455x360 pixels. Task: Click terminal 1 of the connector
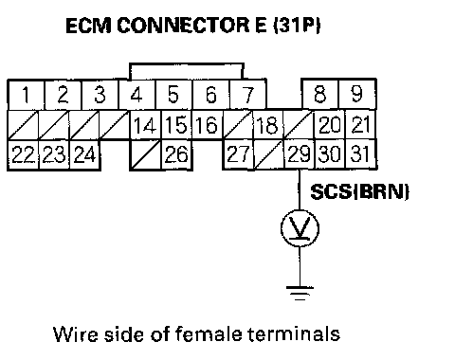pyautogui.click(x=27, y=94)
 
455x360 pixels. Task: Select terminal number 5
pyautogui.click(x=173, y=94)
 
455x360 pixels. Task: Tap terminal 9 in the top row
pyautogui.click(x=357, y=94)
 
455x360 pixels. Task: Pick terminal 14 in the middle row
pyautogui.click(x=145, y=124)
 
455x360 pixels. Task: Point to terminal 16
pyautogui.click(x=207, y=124)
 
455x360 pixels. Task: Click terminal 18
pyautogui.click(x=268, y=124)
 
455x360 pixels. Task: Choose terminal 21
pyautogui.click(x=361, y=124)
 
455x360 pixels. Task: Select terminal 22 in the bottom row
pyautogui.click(x=23, y=154)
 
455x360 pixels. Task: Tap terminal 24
pyautogui.click(x=84, y=154)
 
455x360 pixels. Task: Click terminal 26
pyautogui.click(x=176, y=154)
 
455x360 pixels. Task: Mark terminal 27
pyautogui.click(x=238, y=154)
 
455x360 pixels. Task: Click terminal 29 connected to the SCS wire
pyautogui.click(x=300, y=154)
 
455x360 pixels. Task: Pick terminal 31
pyautogui.click(x=361, y=154)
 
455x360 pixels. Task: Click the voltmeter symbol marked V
pyautogui.click(x=300, y=228)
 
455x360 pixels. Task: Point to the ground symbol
pyautogui.click(x=300, y=293)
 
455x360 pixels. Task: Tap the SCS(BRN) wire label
pyautogui.click(x=359, y=191)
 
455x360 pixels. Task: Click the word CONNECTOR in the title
pyautogui.click(x=183, y=26)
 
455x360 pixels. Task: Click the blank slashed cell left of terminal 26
pyautogui.click(x=145, y=154)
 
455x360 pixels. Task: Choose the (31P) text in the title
pyautogui.click(x=297, y=26)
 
